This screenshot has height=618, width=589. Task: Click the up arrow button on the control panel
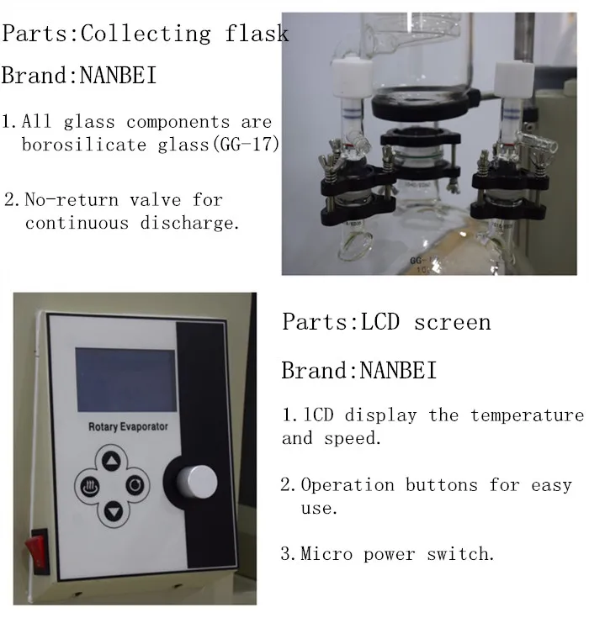click(113, 461)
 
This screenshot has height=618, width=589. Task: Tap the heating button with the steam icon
click(88, 485)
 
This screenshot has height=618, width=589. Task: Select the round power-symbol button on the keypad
click(135, 485)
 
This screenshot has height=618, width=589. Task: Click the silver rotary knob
click(197, 482)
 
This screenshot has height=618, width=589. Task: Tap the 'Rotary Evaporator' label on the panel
click(128, 426)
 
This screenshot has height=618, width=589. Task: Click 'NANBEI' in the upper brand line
click(117, 76)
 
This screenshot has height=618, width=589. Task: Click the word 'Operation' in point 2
click(348, 485)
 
